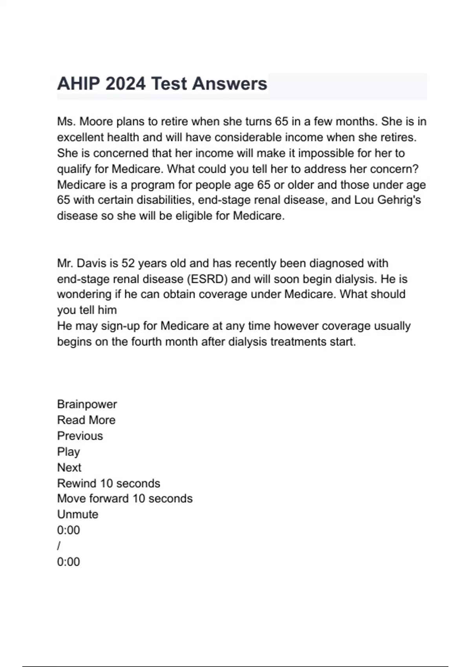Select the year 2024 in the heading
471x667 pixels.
coord(126,84)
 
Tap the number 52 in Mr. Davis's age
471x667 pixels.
coord(128,263)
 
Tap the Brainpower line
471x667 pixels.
coord(87,405)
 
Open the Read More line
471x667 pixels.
coord(86,420)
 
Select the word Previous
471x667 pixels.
coord(80,436)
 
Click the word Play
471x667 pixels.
coord(69,452)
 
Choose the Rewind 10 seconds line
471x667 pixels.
coord(109,483)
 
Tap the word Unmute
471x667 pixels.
coord(78,514)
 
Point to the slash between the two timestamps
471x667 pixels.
coord(59,546)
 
